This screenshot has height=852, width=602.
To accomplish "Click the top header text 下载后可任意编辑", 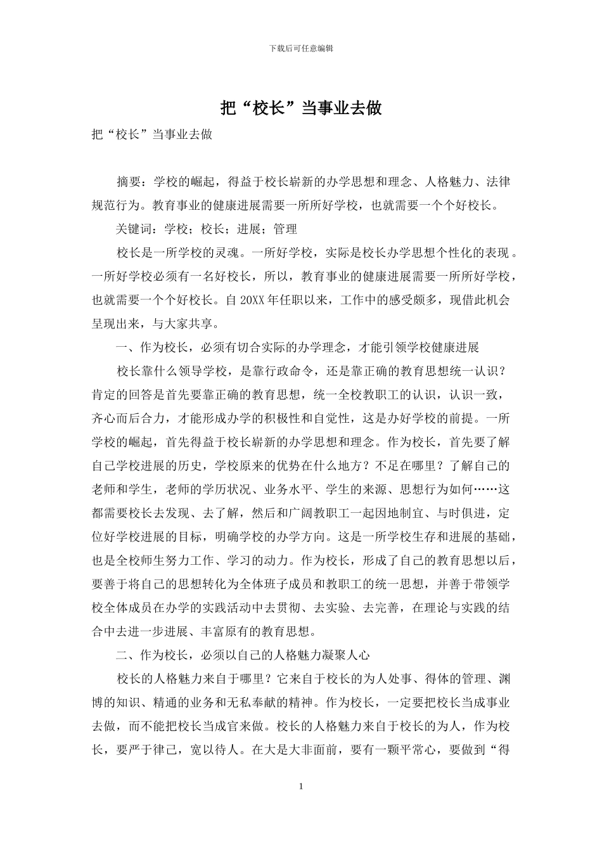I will (x=301, y=48).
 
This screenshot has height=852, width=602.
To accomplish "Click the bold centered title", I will (x=301, y=108).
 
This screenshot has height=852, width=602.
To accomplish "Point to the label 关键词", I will (x=134, y=229).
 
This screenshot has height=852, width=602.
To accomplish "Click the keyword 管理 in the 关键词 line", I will (x=286, y=229).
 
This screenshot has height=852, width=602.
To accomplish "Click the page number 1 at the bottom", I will (x=301, y=787).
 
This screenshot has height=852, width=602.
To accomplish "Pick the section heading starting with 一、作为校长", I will (x=298, y=347).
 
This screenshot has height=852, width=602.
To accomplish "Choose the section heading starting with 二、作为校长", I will (x=243, y=655).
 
